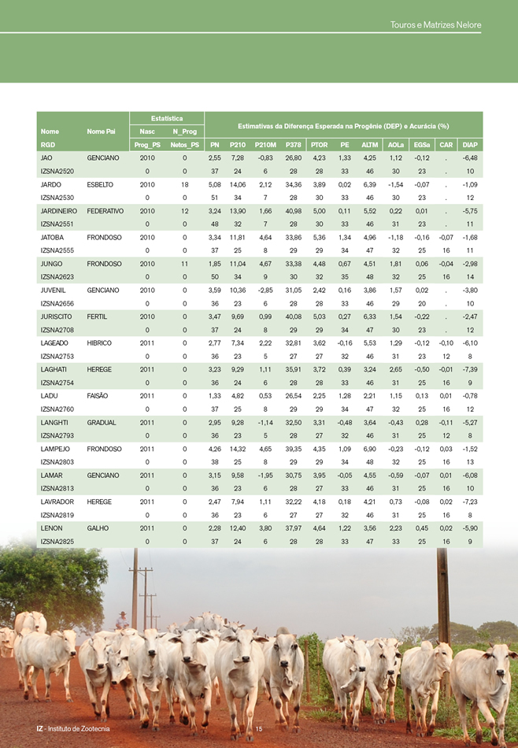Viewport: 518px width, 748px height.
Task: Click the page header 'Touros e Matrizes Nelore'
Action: point(435,24)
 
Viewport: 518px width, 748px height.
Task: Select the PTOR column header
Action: point(319,145)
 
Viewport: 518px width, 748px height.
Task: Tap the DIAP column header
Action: point(470,145)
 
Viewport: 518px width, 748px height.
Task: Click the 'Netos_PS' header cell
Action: point(184,145)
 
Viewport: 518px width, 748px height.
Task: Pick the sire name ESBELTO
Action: point(102,184)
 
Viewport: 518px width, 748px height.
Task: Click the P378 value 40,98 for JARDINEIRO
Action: point(294,212)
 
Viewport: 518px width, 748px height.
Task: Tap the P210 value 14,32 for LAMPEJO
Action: point(237,449)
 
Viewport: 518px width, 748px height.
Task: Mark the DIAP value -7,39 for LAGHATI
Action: point(470,369)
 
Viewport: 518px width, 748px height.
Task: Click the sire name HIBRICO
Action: point(100,343)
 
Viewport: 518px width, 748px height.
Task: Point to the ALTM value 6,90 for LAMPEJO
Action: point(369,449)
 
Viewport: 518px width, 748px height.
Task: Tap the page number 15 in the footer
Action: point(259,728)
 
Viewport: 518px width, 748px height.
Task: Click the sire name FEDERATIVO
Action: point(105,212)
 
